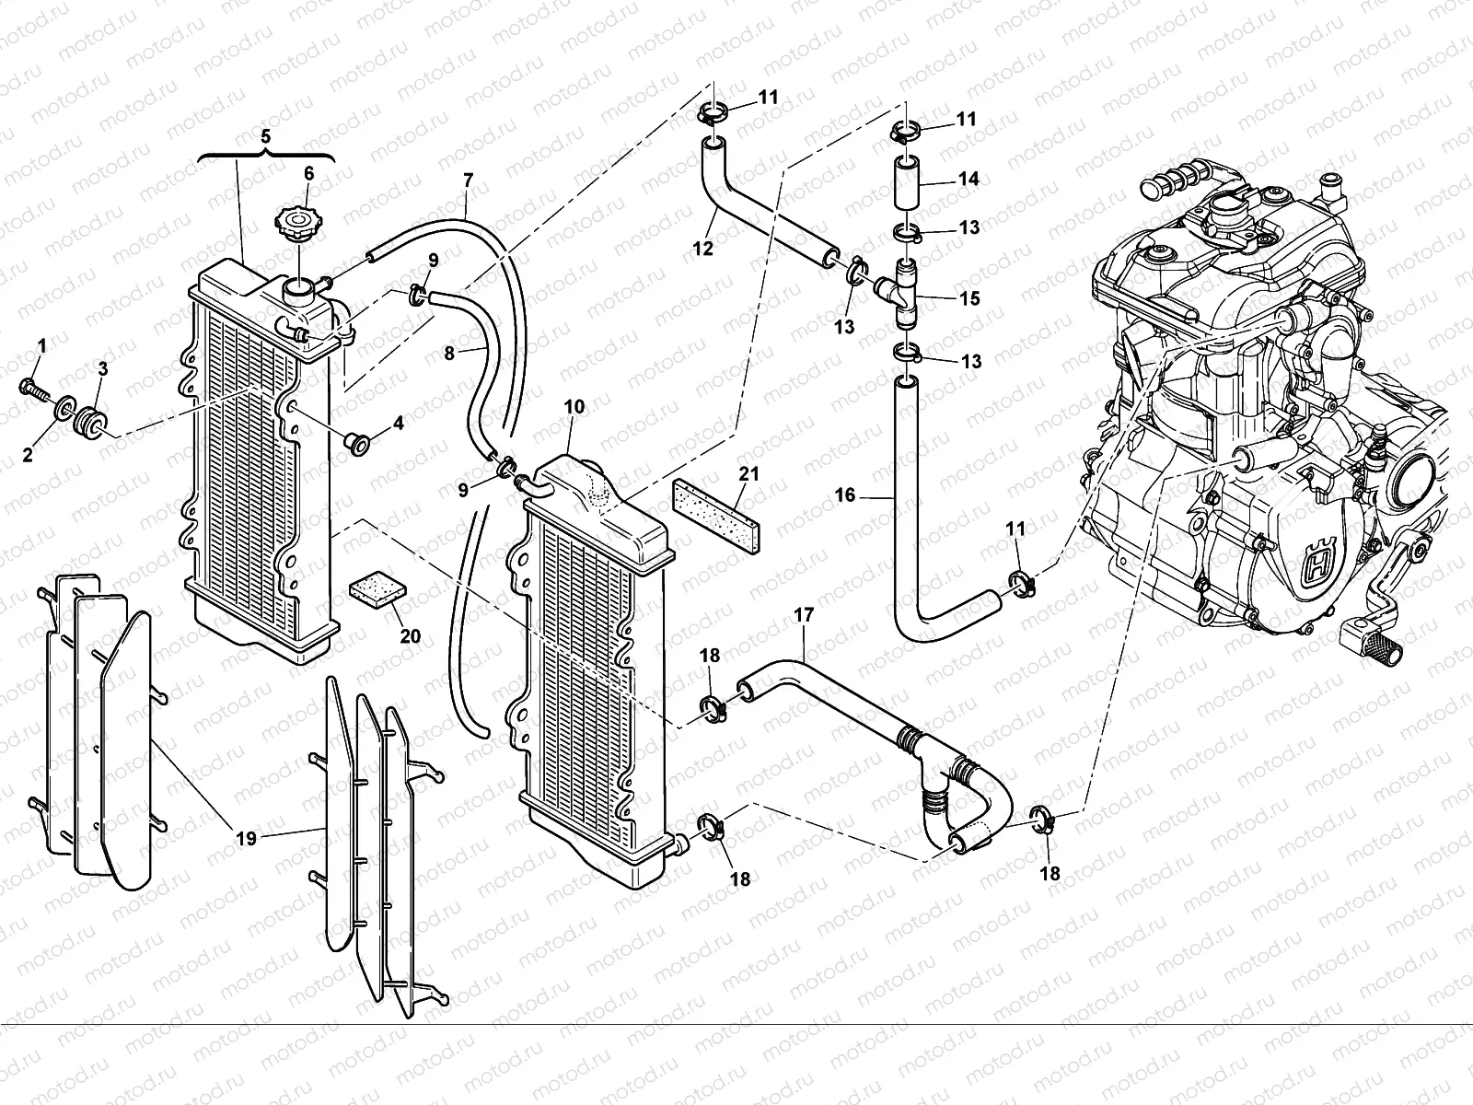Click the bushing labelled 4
point(354,445)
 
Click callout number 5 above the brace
point(265,136)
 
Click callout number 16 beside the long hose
point(845,495)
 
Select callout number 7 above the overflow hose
point(468,180)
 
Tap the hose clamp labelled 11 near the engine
point(1020,582)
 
